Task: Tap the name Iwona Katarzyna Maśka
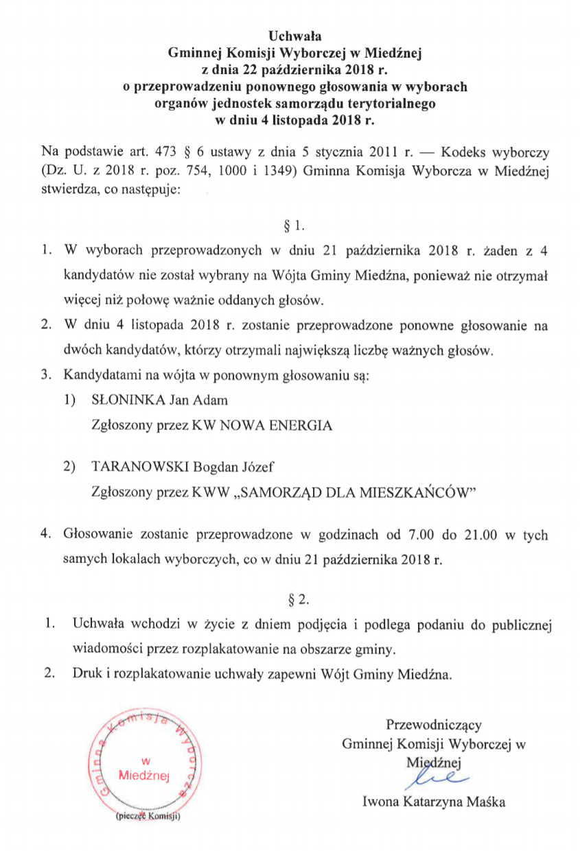[434, 801]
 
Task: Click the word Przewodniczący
[434, 724]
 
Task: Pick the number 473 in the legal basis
[169, 150]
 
